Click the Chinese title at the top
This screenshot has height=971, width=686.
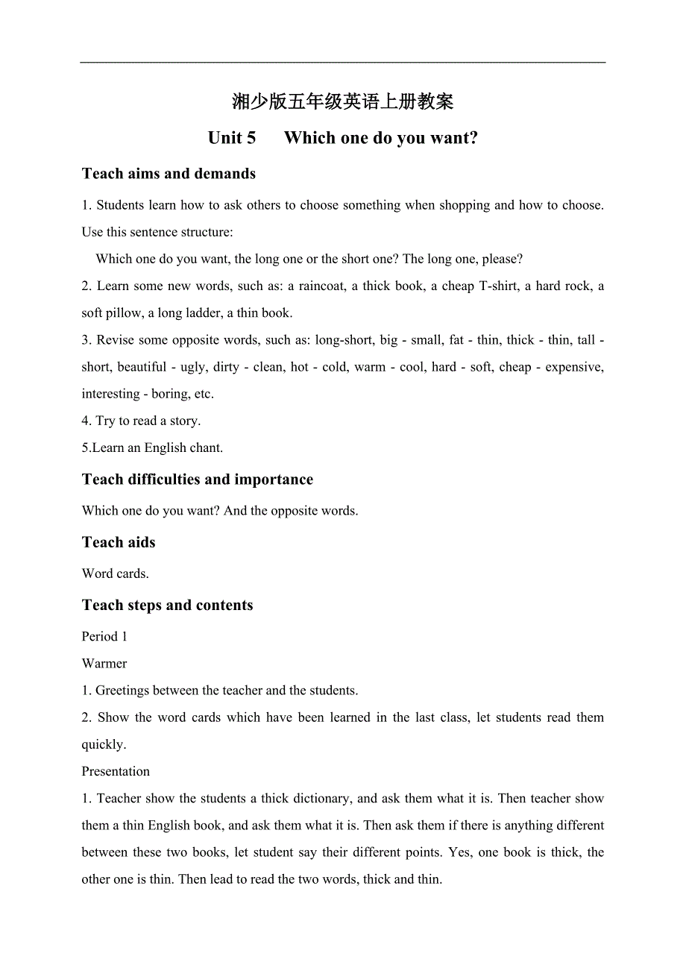click(x=342, y=101)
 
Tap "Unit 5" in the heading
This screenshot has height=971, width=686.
click(x=232, y=138)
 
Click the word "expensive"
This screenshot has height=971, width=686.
click(x=573, y=367)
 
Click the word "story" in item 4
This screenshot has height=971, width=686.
click(x=184, y=421)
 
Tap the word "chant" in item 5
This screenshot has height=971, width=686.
click(x=205, y=448)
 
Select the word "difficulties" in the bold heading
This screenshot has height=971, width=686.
click(x=169, y=480)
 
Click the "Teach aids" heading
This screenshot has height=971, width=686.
click(x=119, y=542)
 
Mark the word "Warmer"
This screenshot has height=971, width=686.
click(x=104, y=664)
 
